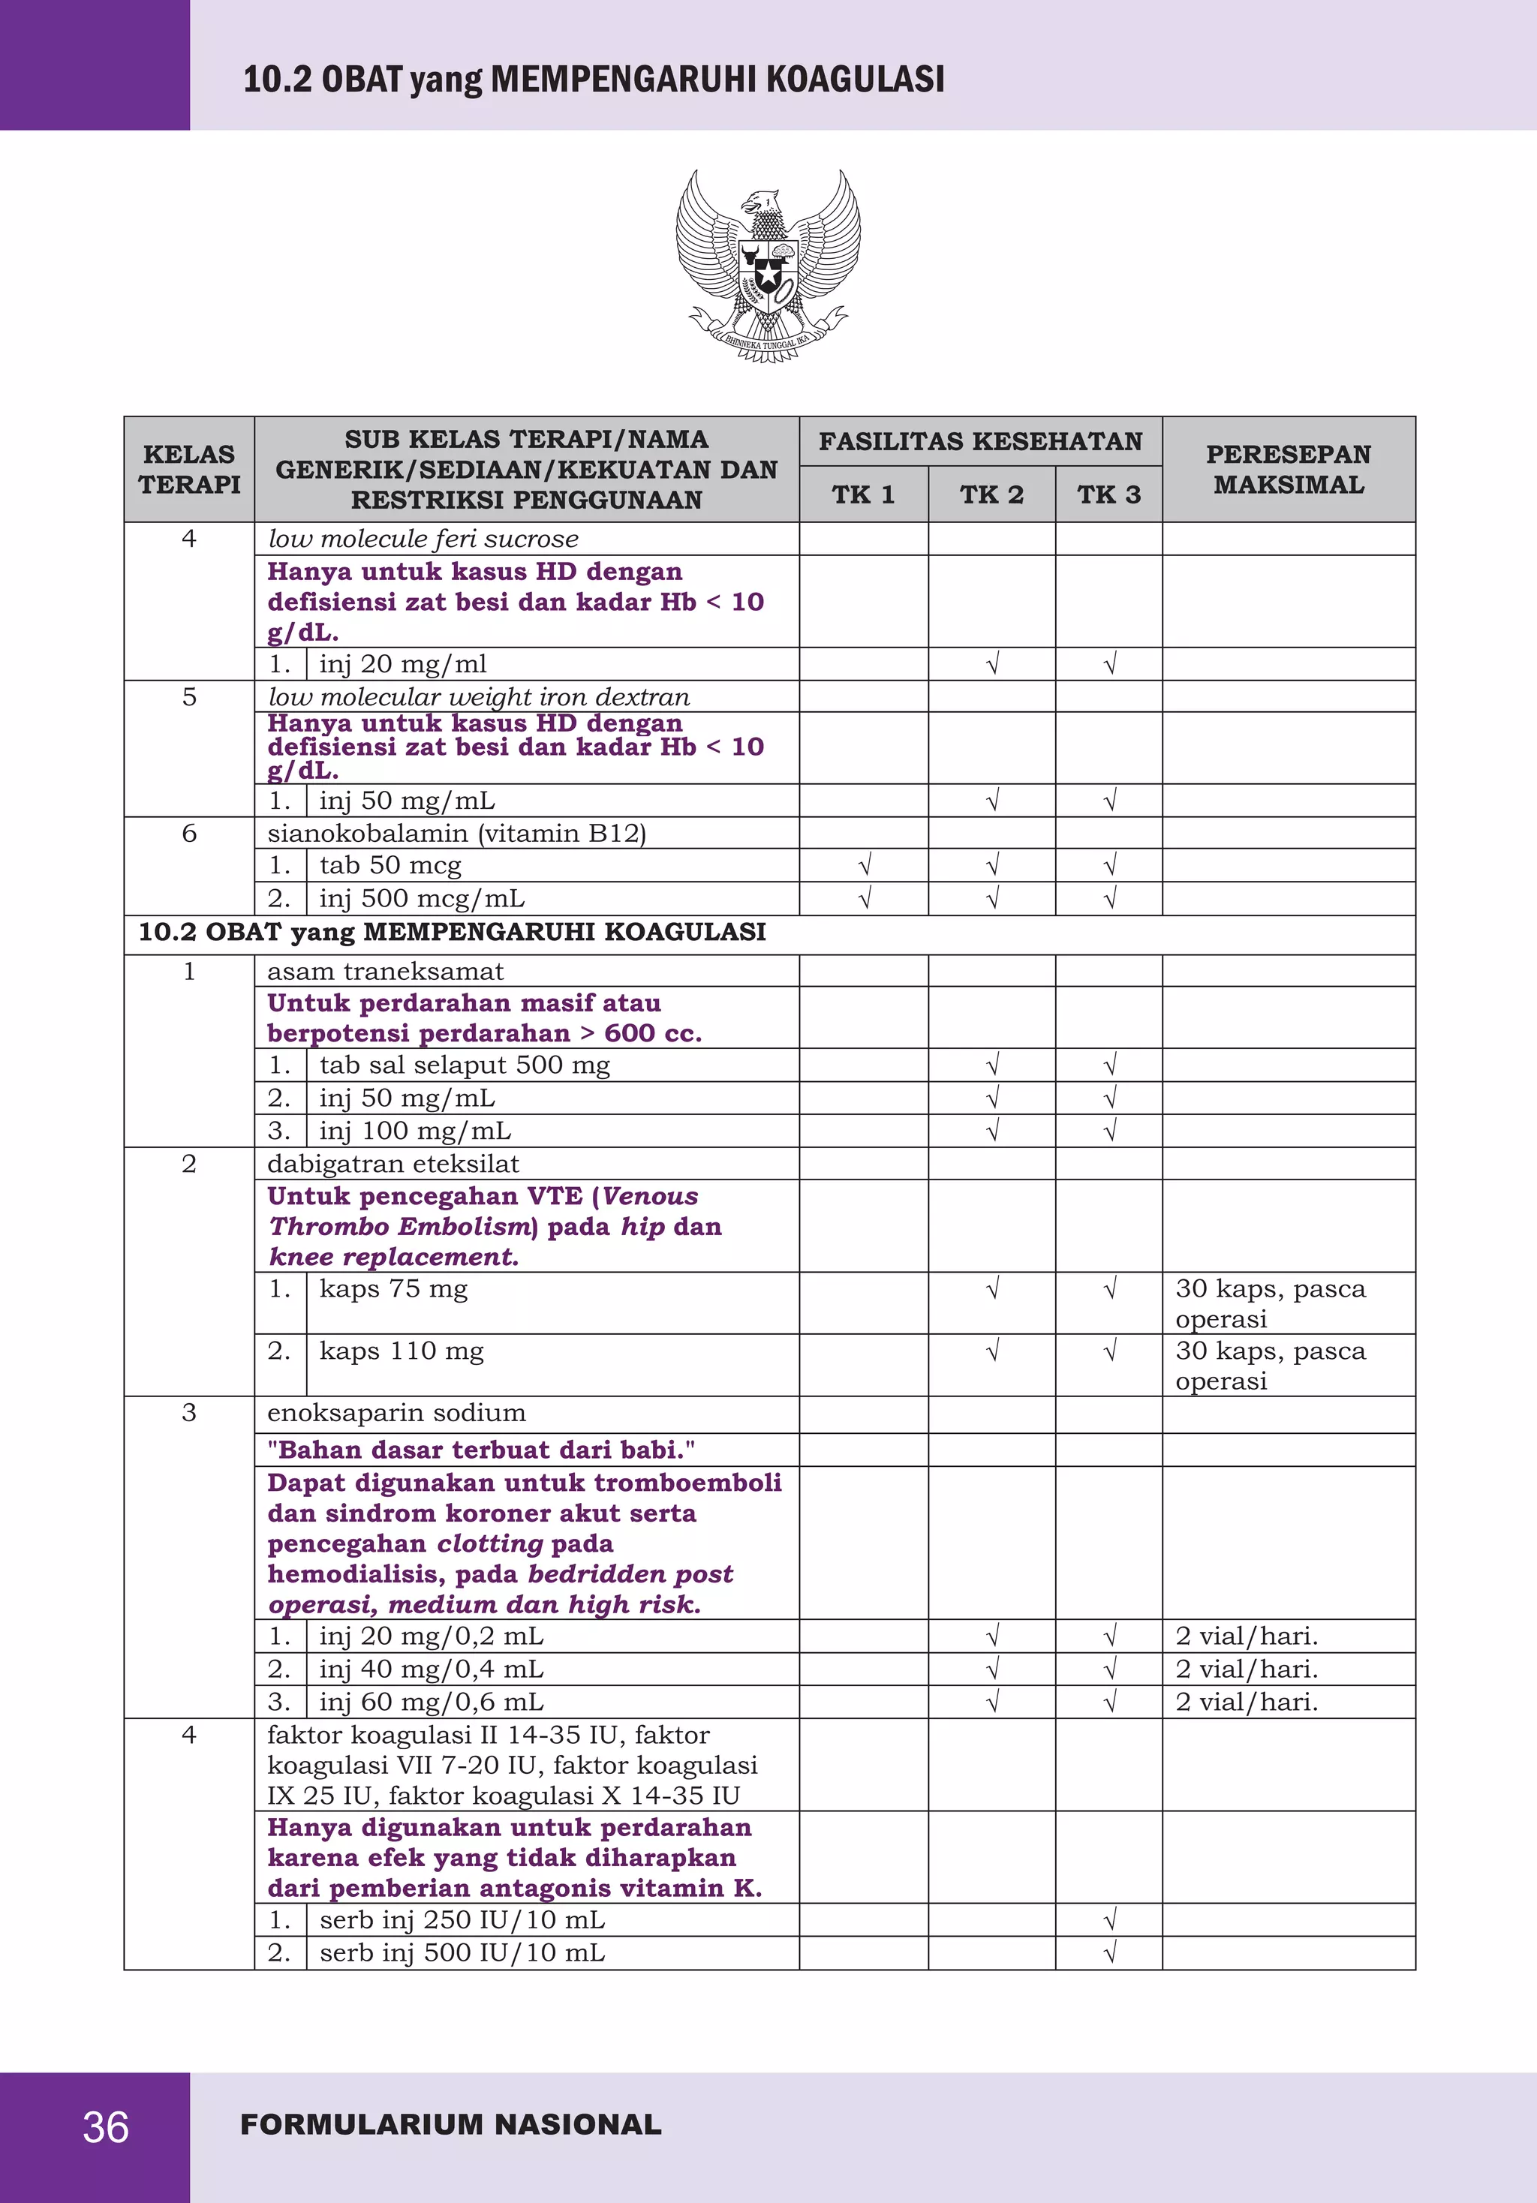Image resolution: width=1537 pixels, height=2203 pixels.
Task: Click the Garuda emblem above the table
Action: pos(768,266)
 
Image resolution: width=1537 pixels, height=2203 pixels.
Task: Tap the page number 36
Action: pos(106,2127)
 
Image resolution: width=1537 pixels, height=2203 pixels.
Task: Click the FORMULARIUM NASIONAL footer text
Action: pos(451,2124)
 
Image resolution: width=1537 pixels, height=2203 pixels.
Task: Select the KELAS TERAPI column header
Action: pos(189,469)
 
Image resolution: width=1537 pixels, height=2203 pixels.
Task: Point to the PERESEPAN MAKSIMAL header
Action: pos(1288,469)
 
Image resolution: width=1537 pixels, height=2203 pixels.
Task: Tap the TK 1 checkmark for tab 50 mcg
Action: pos(864,865)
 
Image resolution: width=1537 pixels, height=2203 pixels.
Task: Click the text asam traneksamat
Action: pos(385,971)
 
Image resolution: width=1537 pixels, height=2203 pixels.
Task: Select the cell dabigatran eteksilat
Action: pos(393,1164)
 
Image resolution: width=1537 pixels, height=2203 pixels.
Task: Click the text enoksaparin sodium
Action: pos(396,1412)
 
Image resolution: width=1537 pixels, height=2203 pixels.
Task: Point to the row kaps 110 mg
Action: pos(401,1351)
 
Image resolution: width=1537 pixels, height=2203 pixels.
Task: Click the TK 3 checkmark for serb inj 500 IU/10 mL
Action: pos(1109,1952)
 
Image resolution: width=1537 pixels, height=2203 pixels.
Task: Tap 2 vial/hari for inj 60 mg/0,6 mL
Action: pos(1247,1701)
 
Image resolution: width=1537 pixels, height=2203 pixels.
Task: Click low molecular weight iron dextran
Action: pos(478,696)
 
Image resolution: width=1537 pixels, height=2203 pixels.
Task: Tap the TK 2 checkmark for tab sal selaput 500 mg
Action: pos(992,1065)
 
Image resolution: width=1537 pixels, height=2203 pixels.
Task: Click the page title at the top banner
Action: pos(593,79)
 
